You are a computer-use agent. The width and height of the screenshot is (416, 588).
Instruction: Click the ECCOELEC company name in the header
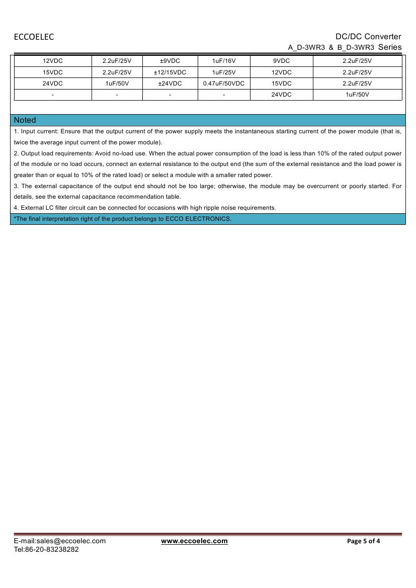pyautogui.click(x=34, y=37)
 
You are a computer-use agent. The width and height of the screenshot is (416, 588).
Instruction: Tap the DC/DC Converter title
pyautogui.click(x=368, y=36)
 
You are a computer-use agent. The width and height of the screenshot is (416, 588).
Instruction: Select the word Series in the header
pyautogui.click(x=390, y=47)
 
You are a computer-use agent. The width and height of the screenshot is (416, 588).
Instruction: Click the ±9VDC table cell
pyautogui.click(x=170, y=61)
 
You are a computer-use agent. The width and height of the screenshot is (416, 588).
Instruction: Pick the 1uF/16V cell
pyautogui.click(x=224, y=61)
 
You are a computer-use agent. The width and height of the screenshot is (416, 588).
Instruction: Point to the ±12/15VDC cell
pyautogui.click(x=170, y=72)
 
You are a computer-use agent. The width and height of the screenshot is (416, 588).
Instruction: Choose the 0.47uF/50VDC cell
pyautogui.click(x=224, y=83)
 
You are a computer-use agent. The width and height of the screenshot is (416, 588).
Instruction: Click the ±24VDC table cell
pyautogui.click(x=170, y=83)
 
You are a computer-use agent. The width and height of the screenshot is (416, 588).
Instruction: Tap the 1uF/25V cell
pyautogui.click(x=224, y=72)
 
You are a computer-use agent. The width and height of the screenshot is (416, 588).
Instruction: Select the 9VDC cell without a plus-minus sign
pyautogui.click(x=281, y=61)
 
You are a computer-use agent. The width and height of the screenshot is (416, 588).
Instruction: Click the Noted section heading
pyautogui.click(x=25, y=120)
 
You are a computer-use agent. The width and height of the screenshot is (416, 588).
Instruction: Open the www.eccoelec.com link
pyautogui.click(x=194, y=541)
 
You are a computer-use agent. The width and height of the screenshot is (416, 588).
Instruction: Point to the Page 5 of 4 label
pyautogui.click(x=364, y=541)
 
